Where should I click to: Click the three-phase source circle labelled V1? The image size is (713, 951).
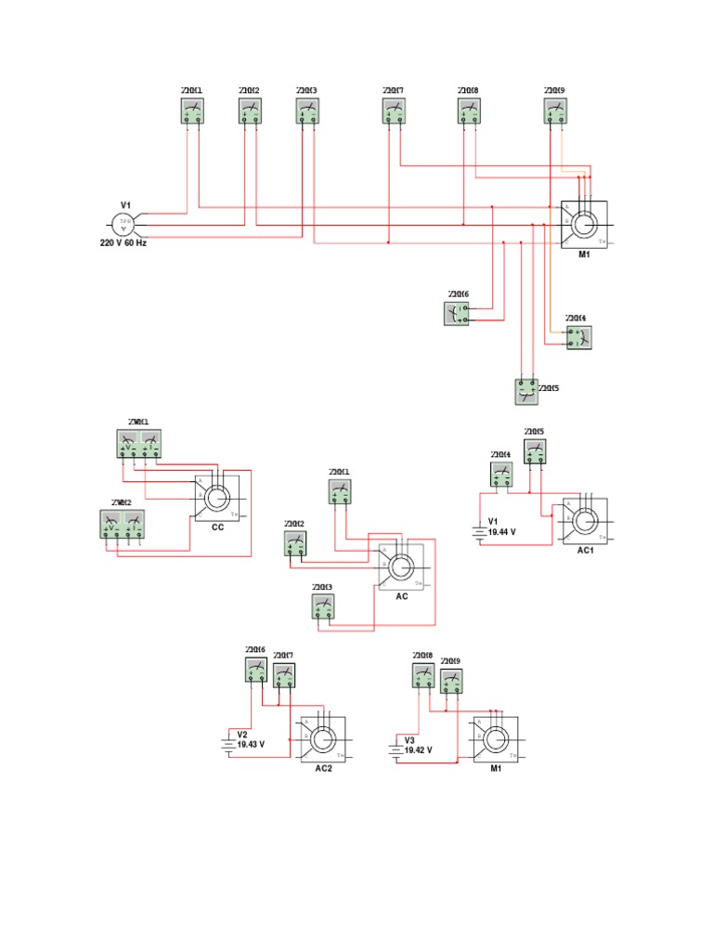(123, 224)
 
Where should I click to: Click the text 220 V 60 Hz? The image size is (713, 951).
(123, 243)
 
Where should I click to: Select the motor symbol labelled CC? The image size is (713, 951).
(217, 499)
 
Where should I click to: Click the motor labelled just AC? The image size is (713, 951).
(401, 567)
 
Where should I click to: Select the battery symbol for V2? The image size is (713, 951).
(227, 743)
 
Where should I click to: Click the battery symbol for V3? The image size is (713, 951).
(396, 748)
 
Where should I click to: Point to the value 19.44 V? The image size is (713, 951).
(501, 532)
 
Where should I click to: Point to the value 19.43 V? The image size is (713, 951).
(251, 745)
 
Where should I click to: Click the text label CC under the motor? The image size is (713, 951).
(218, 528)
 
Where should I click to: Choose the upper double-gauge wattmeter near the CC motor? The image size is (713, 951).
(138, 443)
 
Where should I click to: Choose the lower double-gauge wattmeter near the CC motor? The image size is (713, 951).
(123, 525)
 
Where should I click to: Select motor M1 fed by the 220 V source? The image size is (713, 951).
(585, 225)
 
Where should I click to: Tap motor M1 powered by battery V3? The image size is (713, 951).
(495, 740)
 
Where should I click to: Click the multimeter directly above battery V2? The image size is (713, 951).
(256, 670)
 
